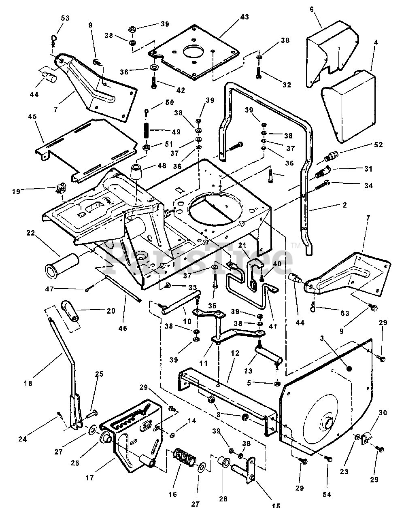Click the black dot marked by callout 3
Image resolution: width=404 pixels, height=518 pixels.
coord(349,368)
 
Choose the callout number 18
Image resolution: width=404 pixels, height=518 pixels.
coord(28,383)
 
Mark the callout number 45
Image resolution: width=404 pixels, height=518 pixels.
coord(32,117)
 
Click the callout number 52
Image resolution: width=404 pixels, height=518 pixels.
coord(378,145)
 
